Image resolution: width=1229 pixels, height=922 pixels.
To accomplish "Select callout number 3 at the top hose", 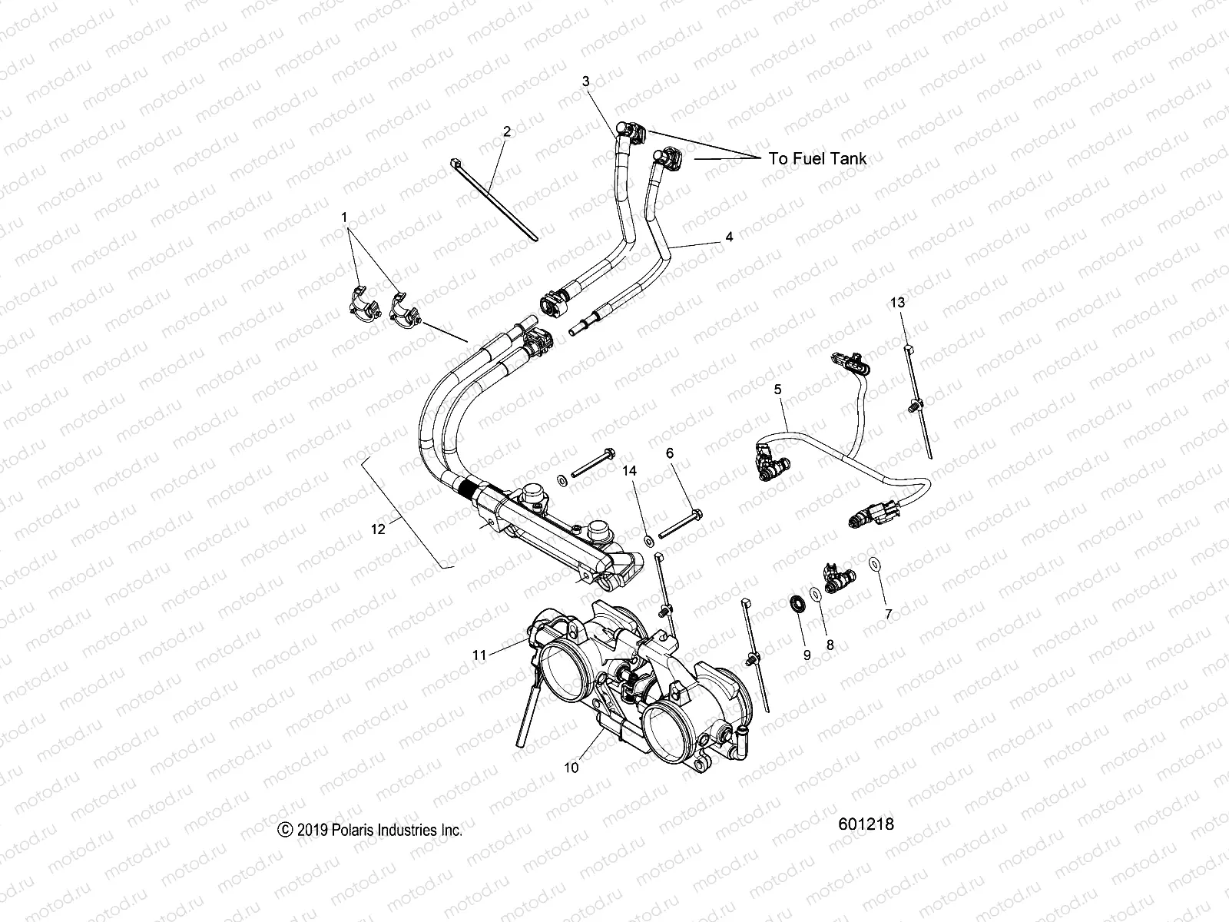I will click(585, 81).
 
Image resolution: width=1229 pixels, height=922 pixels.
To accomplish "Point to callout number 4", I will click(729, 237).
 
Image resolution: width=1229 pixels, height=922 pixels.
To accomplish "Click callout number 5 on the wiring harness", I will click(777, 390).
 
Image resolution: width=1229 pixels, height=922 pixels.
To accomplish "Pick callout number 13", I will click(898, 303).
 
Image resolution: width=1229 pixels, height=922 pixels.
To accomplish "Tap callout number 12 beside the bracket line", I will click(377, 529).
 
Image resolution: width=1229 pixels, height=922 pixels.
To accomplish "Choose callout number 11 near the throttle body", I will click(479, 655).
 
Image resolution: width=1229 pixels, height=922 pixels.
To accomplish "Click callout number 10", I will click(571, 766).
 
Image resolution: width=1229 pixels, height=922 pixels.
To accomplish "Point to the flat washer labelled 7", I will click(874, 565).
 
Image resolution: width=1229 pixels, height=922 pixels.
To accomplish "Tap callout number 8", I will click(830, 646).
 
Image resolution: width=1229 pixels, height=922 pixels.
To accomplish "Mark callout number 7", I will click(889, 615).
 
